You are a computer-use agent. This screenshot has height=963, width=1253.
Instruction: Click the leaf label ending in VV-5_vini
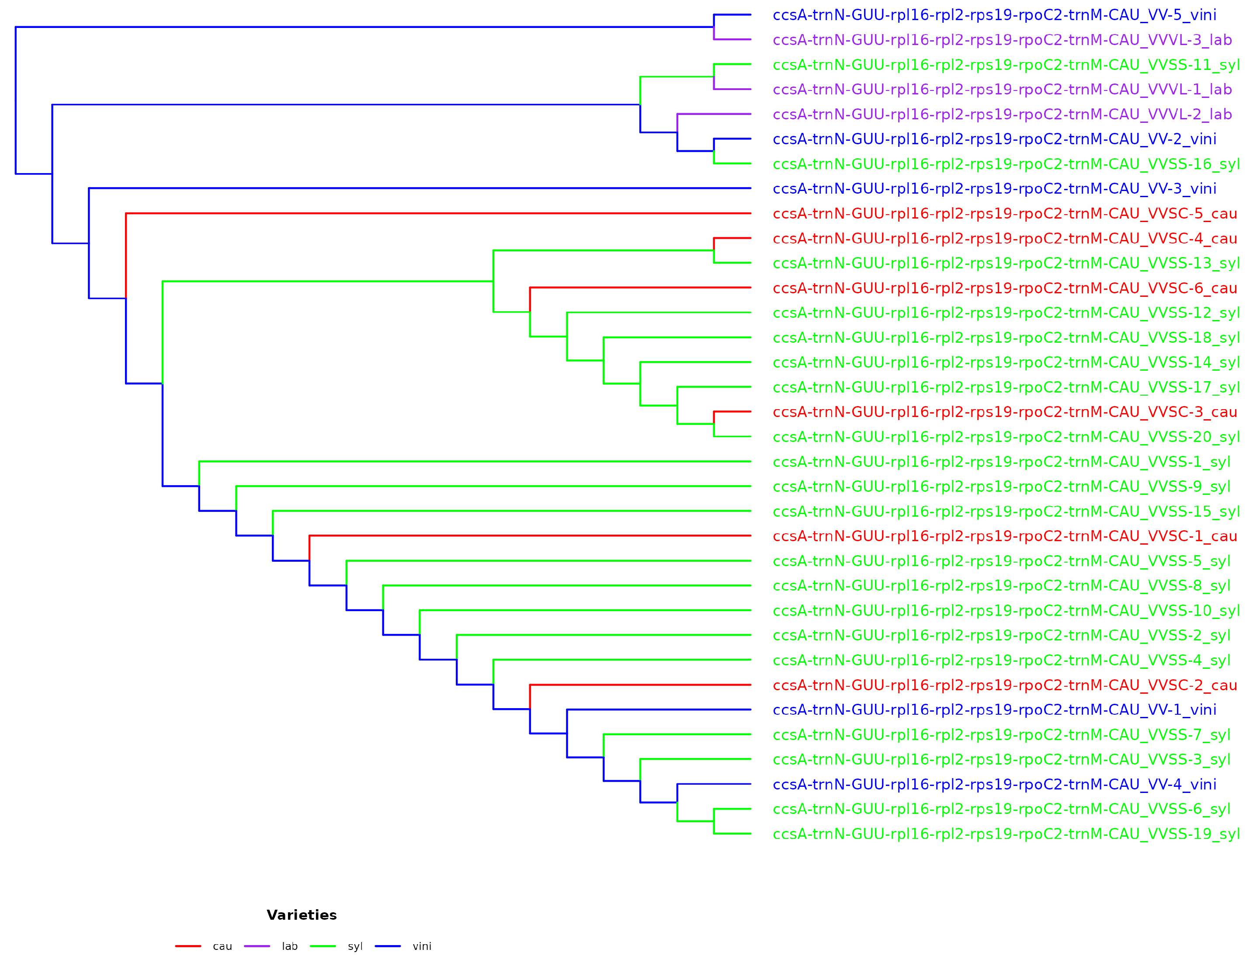coord(994,15)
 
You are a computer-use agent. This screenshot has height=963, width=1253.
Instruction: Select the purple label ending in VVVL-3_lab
coord(1002,40)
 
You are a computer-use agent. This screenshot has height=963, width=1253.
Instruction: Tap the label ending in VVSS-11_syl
coord(1006,65)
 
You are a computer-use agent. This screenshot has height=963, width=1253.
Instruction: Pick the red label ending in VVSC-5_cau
coord(1004,214)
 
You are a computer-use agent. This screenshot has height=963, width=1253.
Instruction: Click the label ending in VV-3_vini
coord(994,188)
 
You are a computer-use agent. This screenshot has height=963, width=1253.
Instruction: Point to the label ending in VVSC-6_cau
coord(1004,289)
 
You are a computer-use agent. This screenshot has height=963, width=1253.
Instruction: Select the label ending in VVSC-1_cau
coord(1004,536)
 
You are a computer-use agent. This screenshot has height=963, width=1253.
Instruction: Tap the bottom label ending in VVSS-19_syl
coord(1006,834)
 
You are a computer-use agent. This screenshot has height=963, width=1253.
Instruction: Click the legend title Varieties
coord(302,915)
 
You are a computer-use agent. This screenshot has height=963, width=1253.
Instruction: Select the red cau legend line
coord(188,946)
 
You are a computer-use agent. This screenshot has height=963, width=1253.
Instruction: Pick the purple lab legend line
coord(257,946)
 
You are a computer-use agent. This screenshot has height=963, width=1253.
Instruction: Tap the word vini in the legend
coord(422,946)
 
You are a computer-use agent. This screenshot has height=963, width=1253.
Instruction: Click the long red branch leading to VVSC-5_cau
coord(435,213)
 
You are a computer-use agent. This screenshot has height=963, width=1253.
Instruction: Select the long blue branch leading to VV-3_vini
coord(418,188)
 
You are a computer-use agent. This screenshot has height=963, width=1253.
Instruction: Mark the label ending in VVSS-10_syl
coord(1006,611)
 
